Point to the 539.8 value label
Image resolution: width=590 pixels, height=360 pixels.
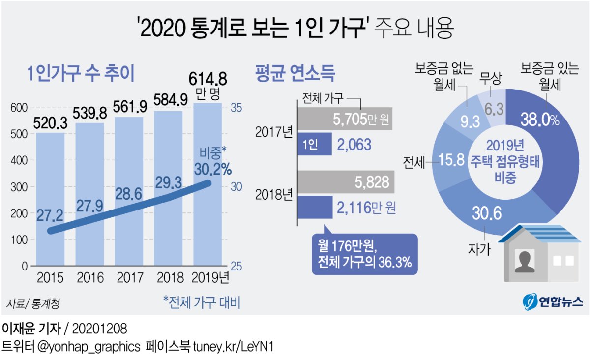coord(90,114)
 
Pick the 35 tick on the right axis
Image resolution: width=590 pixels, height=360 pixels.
coord(237,108)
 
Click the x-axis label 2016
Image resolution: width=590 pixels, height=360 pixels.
coord(90,278)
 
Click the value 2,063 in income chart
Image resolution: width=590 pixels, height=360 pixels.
coord(354,144)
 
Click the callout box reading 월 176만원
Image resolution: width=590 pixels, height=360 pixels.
coord(364,253)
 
